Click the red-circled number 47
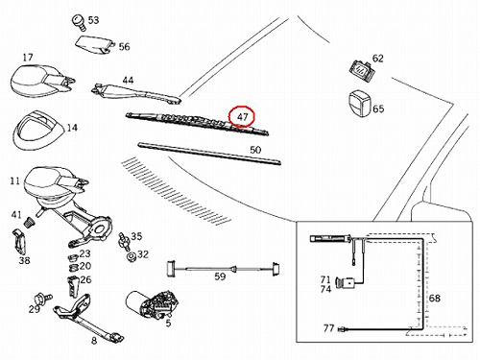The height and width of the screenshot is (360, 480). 242,117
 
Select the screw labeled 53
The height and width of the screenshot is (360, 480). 78,22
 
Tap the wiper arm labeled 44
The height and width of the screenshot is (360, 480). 136,93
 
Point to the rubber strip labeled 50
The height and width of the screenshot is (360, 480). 209,154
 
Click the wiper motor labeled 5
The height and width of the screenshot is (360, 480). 151,304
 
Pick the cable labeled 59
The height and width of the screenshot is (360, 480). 224,269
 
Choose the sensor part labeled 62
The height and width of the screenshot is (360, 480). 362,69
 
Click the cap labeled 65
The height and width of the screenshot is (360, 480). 359,103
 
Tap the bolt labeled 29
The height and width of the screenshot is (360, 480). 43,299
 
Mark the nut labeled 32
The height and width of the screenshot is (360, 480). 131,256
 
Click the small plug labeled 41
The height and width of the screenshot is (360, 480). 30,222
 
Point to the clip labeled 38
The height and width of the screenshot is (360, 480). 19,242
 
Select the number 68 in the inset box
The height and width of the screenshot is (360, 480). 434,298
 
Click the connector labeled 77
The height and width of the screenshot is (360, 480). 343,329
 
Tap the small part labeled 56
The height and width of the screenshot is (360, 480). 95,44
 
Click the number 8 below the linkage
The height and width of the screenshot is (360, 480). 94,341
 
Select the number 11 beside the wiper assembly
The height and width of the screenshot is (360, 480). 15,180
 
